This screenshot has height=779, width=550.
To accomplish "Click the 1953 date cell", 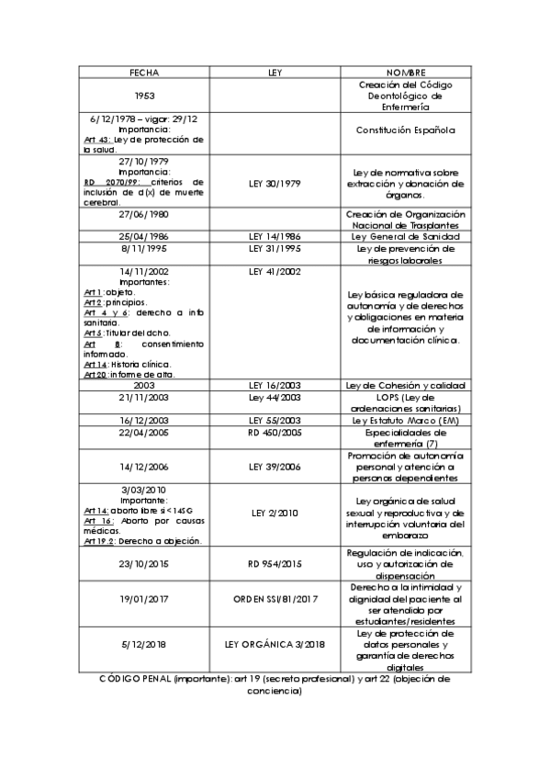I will pyautogui.click(x=144, y=95).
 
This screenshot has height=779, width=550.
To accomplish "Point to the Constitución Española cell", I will pyautogui.click(x=405, y=130).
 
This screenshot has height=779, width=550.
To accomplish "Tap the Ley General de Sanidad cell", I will pyautogui.click(x=405, y=236).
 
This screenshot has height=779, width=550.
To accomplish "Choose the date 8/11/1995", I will pyautogui.click(x=144, y=248).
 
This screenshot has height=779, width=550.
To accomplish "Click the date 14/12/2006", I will pyautogui.click(x=144, y=466).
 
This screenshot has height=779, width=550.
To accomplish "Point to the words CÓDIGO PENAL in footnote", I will pyautogui.click(x=134, y=678).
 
